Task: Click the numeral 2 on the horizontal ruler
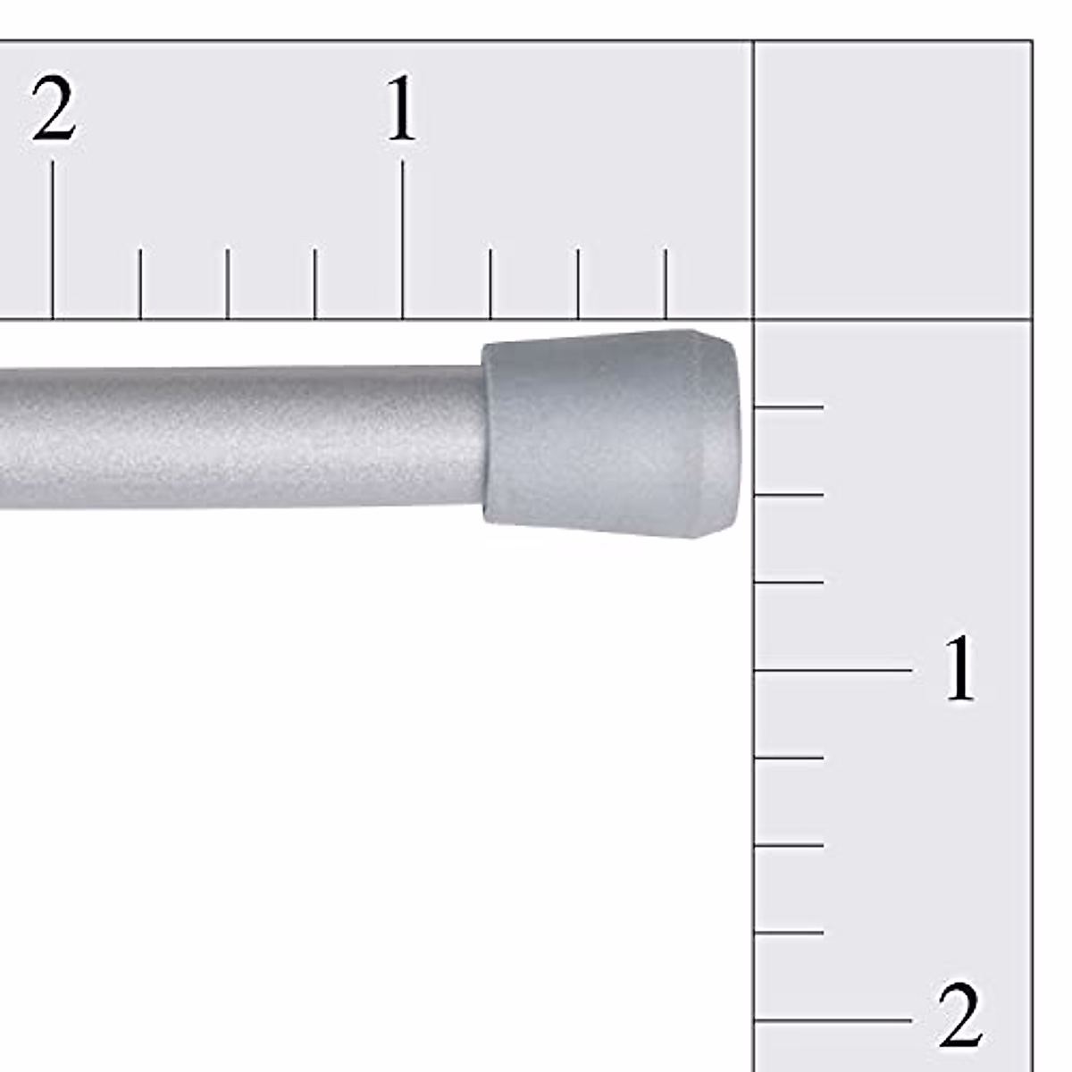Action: point(54,108)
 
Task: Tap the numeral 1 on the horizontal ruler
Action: point(402,108)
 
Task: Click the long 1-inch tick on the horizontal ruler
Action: point(402,239)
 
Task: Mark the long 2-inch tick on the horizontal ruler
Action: point(53,239)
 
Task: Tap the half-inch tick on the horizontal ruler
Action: point(578,284)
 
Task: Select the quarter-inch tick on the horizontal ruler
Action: point(666,284)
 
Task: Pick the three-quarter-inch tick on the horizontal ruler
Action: point(490,284)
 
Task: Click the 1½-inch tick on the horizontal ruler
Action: point(228,284)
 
